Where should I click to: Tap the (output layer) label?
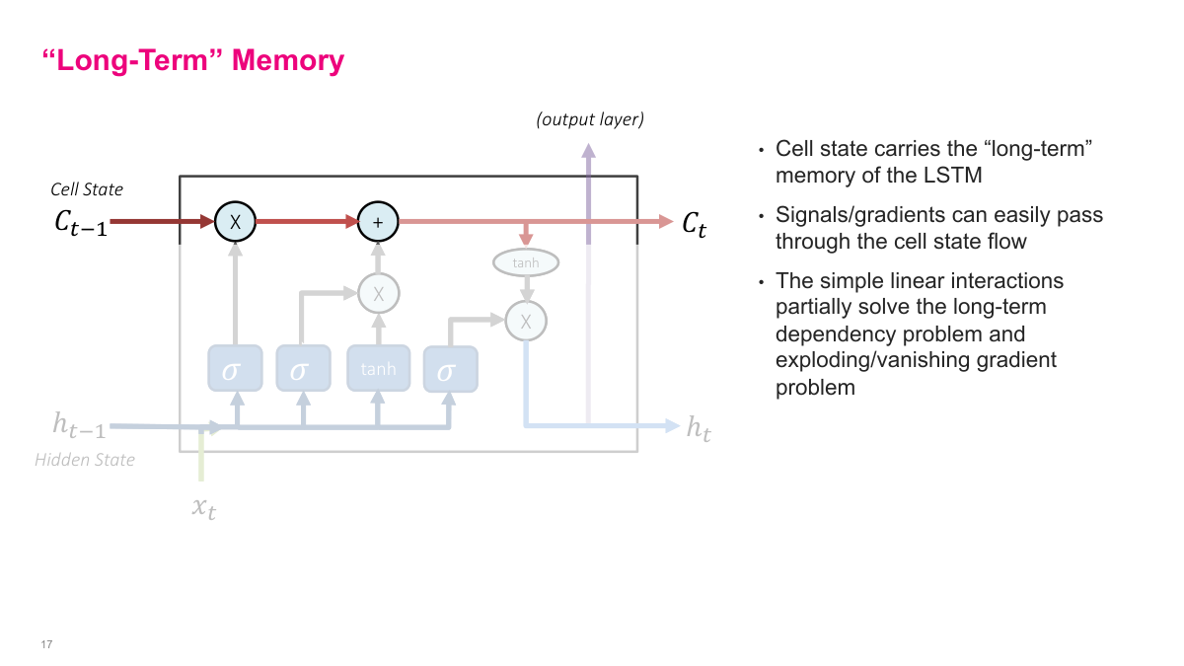[589, 120]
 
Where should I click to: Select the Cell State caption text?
[87, 188]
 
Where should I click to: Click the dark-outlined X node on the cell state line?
[235, 222]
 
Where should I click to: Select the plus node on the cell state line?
[377, 222]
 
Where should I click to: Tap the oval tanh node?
[525, 262]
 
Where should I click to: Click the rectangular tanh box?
[378, 369]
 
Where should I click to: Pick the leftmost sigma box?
[235, 369]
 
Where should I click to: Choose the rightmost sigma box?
[450, 369]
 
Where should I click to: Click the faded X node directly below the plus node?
[377, 292]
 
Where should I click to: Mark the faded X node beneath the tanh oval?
[525, 321]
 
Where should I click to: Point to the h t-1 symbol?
[79, 426]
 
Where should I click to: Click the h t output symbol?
[699, 428]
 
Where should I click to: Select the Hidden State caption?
[85, 460]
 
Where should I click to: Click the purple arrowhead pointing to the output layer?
[589, 151]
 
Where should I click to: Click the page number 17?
[46, 644]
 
